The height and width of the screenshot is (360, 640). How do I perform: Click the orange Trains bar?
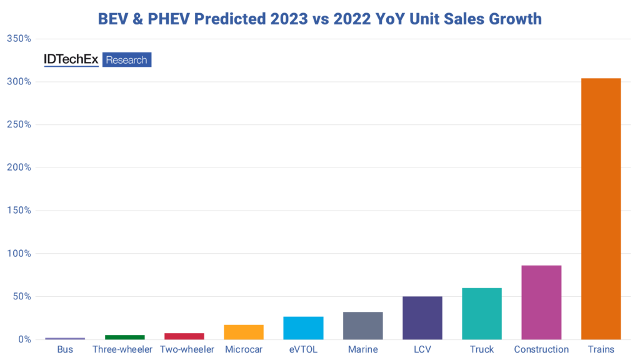pyautogui.click(x=601, y=209)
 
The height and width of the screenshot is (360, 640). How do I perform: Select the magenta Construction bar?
pyautogui.click(x=541, y=302)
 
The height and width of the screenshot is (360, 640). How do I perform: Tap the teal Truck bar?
pyautogui.click(x=482, y=314)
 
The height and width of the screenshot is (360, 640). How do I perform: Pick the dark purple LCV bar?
pyautogui.click(x=422, y=318)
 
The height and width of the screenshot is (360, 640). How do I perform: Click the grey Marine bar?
pyautogui.click(x=362, y=326)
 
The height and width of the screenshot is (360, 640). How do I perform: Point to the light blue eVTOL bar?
pyautogui.click(x=303, y=328)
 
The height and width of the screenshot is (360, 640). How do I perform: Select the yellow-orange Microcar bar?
pyautogui.click(x=244, y=332)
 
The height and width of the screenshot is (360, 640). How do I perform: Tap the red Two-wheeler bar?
pyautogui.click(x=184, y=336)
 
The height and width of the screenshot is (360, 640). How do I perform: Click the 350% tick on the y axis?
pyautogui.click(x=19, y=39)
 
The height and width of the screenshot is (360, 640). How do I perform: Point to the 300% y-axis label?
pyautogui.click(x=19, y=82)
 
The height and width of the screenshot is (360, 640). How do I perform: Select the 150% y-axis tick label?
pyautogui.click(x=19, y=211)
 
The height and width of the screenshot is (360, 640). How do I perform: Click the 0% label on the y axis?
pyautogui.click(x=24, y=339)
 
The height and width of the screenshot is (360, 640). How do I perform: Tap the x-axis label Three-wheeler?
pyautogui.click(x=122, y=349)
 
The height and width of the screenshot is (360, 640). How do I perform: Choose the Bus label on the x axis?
pyautogui.click(x=65, y=349)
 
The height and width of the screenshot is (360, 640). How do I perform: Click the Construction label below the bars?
pyautogui.click(x=541, y=349)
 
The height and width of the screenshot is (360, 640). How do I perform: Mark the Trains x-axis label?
pyautogui.click(x=601, y=349)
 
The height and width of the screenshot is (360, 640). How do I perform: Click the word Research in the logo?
pyautogui.click(x=127, y=60)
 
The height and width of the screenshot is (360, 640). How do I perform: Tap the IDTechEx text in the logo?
pyautogui.click(x=71, y=60)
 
